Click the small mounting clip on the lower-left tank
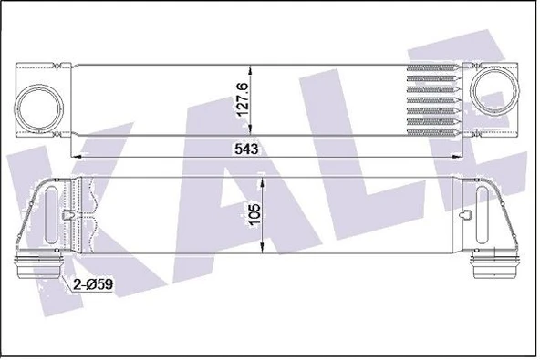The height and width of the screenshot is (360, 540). [x=69, y=217]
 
